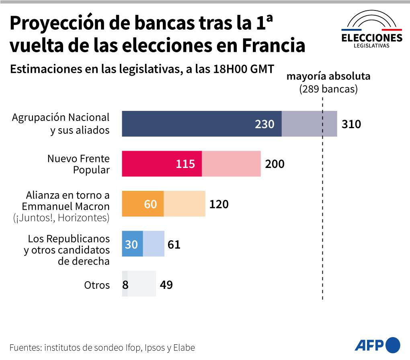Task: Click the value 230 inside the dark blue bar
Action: click(264, 124)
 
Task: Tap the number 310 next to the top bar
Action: click(351, 124)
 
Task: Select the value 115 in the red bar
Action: click(185, 164)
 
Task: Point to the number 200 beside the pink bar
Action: click(275, 164)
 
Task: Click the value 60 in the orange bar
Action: click(150, 204)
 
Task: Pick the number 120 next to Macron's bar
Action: click(219, 204)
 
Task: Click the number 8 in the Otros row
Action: click(125, 285)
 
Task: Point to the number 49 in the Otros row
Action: click(166, 285)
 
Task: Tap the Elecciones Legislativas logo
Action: click(371, 30)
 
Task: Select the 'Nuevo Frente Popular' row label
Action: click(78, 164)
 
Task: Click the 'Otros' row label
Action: click(96, 285)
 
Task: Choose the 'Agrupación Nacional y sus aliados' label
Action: click(61, 124)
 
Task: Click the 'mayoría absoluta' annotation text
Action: click(328, 76)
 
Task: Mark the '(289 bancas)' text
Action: click(328, 88)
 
